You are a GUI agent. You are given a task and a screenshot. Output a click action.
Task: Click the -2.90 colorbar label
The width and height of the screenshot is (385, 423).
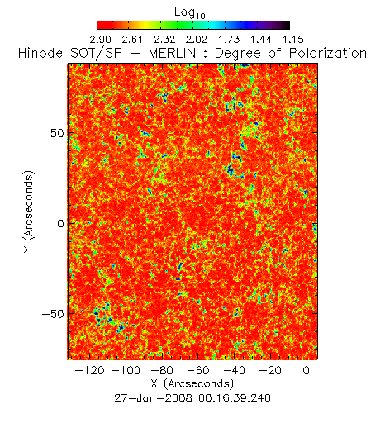97,40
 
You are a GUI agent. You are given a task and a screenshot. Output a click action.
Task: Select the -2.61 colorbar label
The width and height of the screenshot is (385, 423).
129,40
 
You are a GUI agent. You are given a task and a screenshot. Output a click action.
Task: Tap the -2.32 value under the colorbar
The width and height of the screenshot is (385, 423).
161,40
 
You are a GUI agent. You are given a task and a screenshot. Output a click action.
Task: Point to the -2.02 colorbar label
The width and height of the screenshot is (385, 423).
193,40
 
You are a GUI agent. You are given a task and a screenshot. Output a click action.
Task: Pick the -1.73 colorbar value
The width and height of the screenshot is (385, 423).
226,40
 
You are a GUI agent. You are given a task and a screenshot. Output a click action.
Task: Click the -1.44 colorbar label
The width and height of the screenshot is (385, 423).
258,40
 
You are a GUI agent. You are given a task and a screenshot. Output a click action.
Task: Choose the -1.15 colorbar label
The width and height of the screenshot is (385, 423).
289,40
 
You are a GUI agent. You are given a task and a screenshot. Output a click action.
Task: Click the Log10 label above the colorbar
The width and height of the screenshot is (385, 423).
190,13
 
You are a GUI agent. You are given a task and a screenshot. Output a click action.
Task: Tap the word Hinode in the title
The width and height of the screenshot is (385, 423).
40,53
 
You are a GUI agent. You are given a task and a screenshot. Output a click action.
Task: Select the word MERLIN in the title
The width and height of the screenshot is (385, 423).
172,53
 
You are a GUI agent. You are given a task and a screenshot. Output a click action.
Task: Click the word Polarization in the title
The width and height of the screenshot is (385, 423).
328,53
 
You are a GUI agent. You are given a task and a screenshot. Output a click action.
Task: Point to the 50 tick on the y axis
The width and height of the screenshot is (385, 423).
57,133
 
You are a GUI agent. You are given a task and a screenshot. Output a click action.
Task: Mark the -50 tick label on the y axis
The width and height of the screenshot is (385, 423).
53,314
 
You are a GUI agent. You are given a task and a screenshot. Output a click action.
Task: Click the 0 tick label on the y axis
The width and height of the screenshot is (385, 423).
60,224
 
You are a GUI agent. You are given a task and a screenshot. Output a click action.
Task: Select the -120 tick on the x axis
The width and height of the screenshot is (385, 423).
89,370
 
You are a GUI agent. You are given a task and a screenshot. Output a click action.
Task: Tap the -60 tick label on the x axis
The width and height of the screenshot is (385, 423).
197,370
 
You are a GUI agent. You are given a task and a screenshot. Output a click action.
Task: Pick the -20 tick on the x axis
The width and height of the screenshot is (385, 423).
270,370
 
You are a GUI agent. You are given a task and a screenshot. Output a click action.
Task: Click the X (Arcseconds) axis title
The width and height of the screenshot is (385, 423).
192,383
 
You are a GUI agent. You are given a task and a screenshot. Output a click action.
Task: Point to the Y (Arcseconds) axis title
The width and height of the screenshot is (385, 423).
29,211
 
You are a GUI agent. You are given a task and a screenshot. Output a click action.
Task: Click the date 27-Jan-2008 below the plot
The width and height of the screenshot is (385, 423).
153,398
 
